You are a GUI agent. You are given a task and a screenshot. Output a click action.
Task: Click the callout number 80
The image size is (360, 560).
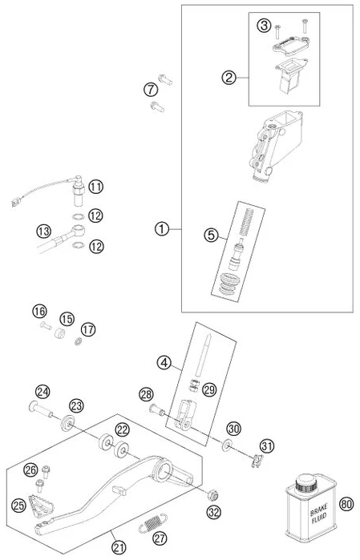click(346, 504)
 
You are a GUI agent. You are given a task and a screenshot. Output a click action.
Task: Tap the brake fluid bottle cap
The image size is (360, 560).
click(306, 481)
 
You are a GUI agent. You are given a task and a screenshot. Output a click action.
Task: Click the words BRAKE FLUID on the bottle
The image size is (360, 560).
click(318, 514)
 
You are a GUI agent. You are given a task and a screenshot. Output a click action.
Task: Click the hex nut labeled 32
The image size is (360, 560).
click(213, 495)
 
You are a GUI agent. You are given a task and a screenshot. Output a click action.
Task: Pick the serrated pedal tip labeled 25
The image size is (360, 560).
click(42, 502)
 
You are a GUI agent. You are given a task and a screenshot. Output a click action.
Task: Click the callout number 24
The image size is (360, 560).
click(42, 393)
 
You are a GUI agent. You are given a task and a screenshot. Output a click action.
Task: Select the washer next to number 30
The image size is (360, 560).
click(226, 445)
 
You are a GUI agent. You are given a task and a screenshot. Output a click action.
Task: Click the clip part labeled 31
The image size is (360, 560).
click(257, 461)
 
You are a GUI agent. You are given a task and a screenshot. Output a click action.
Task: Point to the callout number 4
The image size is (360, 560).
click(164, 363)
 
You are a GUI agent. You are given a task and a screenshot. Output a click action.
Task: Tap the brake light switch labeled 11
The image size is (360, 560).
click(79, 191)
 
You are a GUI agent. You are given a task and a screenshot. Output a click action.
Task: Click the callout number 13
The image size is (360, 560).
click(43, 231)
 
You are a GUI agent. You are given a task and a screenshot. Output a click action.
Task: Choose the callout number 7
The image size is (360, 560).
click(151, 89)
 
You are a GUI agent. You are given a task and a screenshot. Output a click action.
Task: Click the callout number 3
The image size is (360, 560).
click(264, 26)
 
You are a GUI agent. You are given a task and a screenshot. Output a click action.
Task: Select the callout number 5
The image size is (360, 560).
click(211, 235)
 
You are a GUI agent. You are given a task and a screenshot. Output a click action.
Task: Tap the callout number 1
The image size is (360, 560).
click(162, 228)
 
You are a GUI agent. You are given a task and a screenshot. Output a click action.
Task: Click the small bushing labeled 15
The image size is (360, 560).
click(59, 333)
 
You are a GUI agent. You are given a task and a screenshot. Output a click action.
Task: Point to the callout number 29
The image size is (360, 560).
click(209, 389)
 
